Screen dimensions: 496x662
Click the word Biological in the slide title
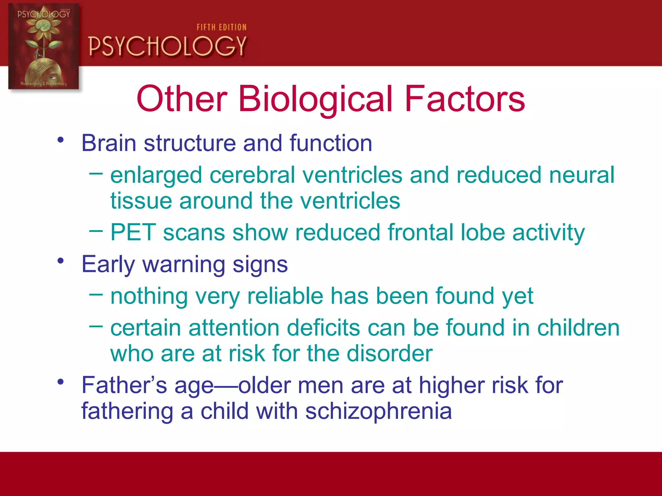pyautogui.click(x=315, y=99)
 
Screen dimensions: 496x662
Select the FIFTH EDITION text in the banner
pyautogui.click(x=221, y=27)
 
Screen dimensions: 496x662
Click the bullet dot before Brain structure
pyautogui.click(x=60, y=140)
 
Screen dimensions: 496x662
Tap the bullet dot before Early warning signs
pyautogui.click(x=60, y=261)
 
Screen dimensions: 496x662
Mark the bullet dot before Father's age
pyautogui.click(x=60, y=382)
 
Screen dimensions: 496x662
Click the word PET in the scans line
pyautogui.click(x=133, y=232)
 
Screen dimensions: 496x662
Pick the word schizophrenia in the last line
pyautogui.click(x=378, y=411)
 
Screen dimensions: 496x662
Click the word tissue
pyautogui.click(x=141, y=201)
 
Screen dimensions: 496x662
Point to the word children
pyautogui.click(x=578, y=328)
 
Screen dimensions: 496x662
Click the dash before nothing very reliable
pyautogui.click(x=96, y=294)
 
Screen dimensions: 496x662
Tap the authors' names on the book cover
pyautogui.click(x=44, y=84)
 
